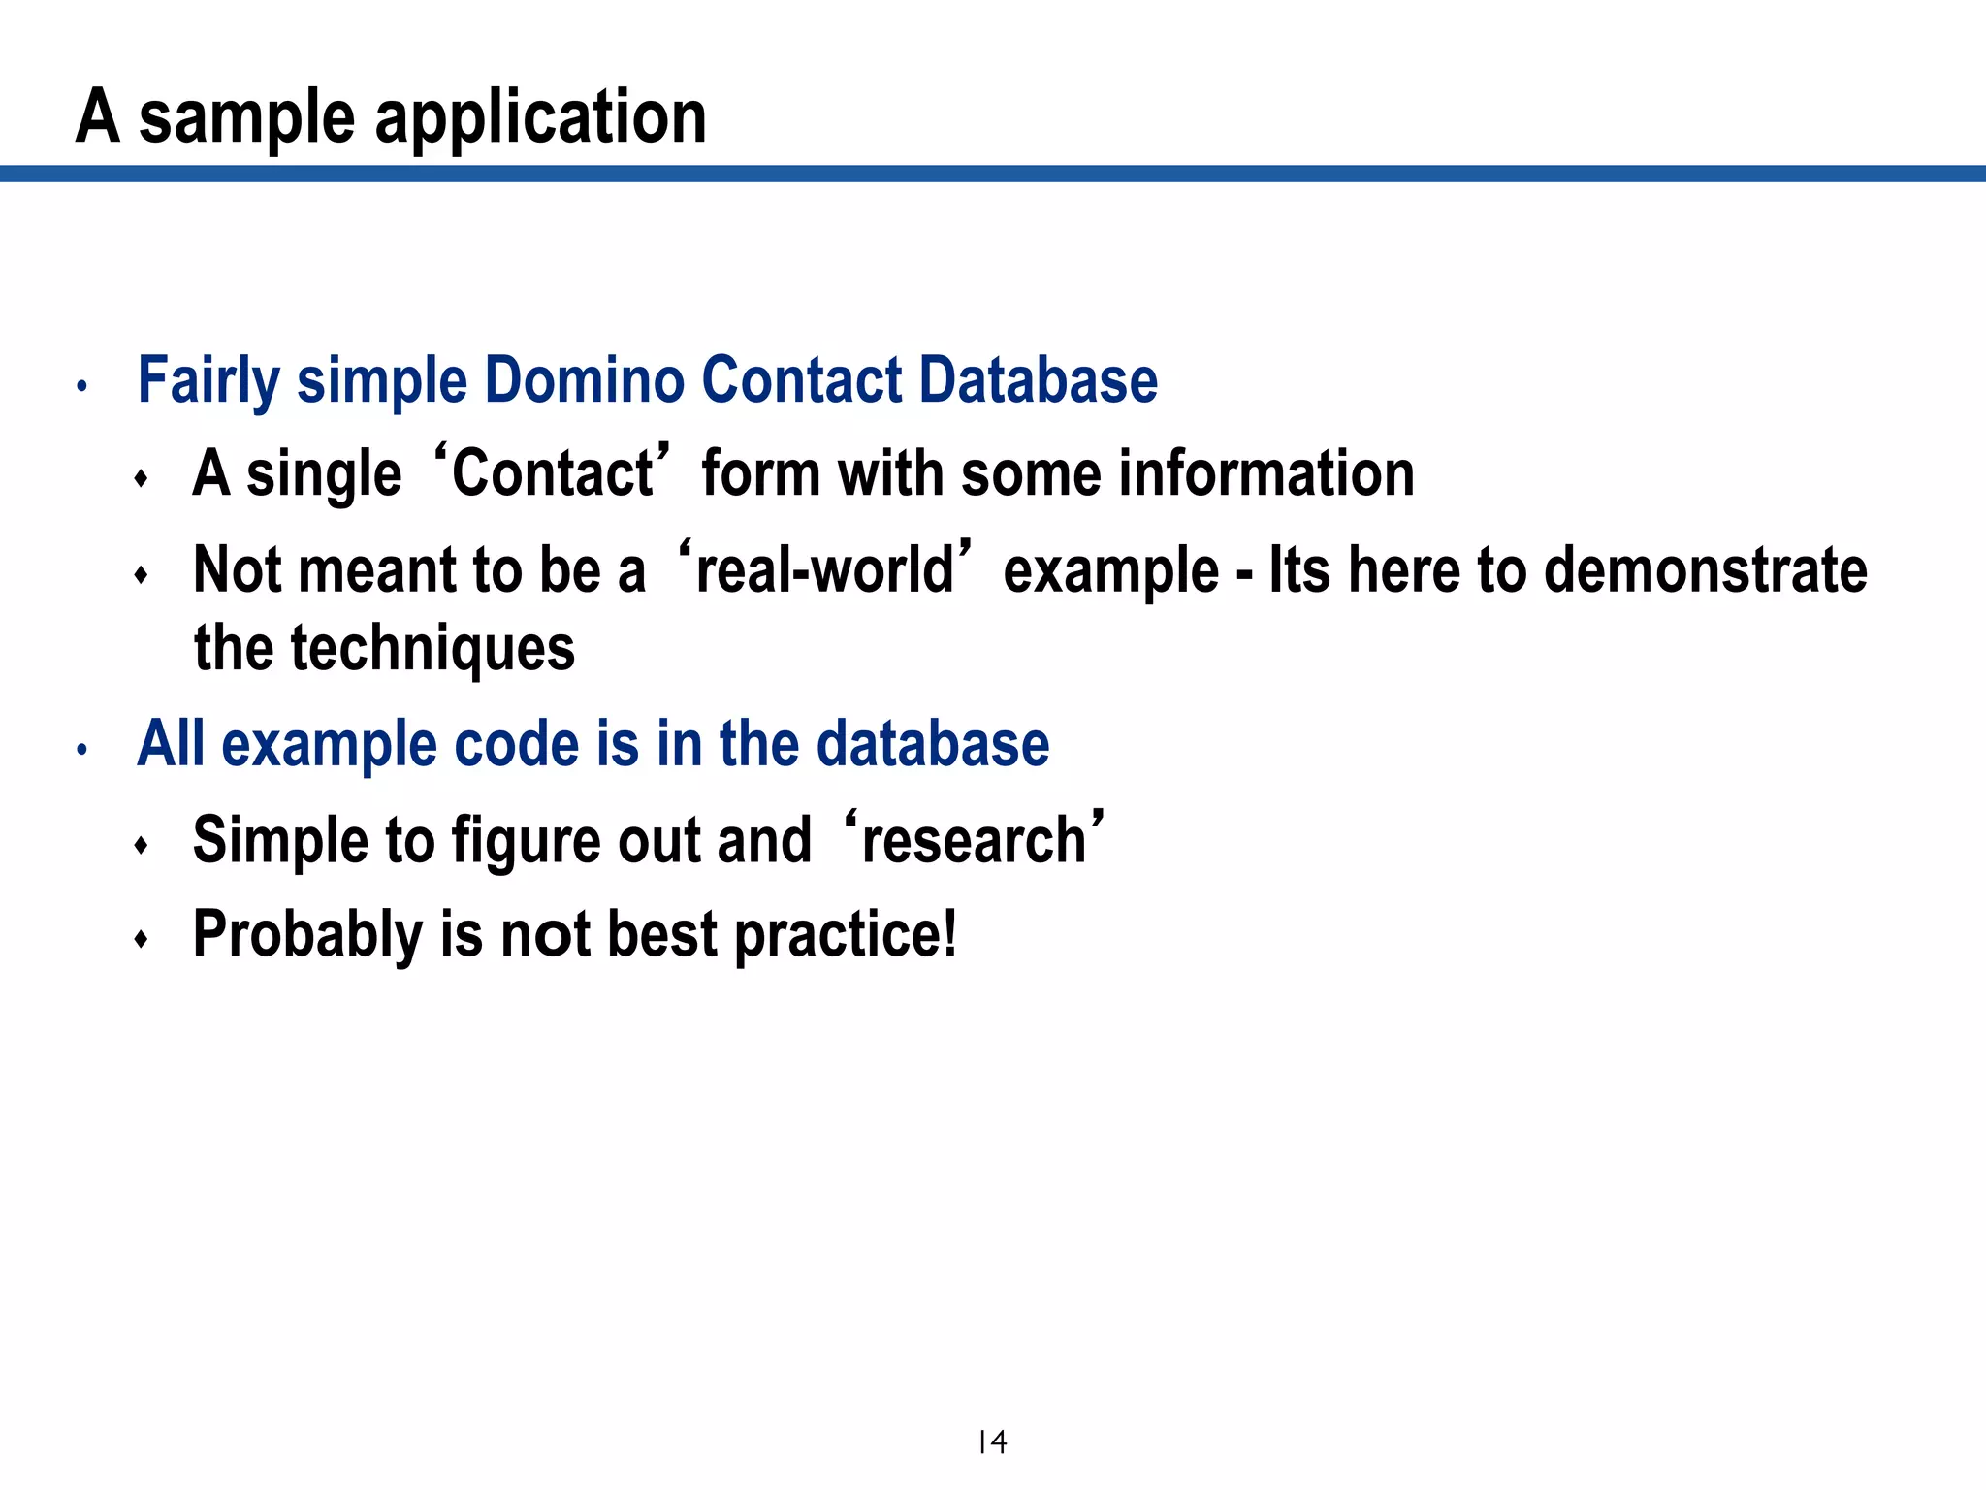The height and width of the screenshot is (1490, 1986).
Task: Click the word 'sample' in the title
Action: [246, 118]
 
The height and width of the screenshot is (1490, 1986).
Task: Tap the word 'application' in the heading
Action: [540, 118]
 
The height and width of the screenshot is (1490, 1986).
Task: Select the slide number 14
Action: [992, 1442]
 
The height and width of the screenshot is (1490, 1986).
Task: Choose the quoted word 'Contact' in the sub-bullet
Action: [553, 473]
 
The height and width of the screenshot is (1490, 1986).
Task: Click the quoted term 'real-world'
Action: [824, 569]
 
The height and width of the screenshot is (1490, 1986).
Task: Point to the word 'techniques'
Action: [432, 648]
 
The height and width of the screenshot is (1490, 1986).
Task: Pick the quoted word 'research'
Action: [974, 840]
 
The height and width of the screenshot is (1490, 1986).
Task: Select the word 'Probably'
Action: [307, 934]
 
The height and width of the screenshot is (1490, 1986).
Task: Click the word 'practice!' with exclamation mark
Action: [846, 934]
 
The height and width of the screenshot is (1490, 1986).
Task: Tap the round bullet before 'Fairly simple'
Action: [82, 386]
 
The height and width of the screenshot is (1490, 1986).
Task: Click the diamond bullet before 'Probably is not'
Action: [142, 938]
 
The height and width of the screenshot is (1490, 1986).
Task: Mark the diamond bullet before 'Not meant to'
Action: [142, 575]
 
